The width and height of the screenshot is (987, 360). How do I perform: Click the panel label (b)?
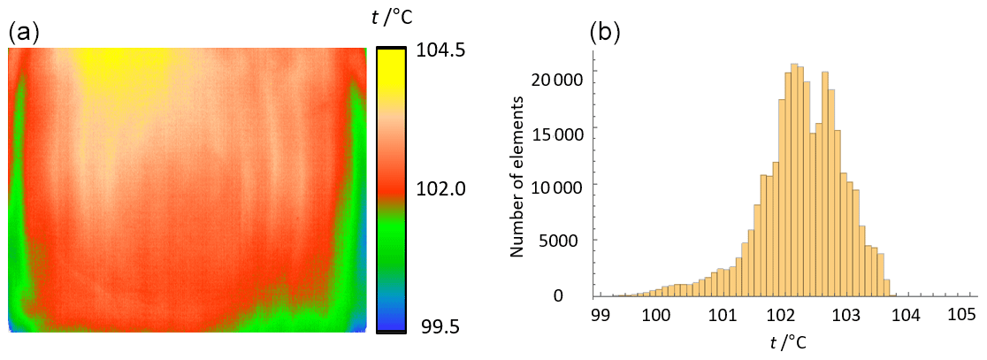tap(605, 33)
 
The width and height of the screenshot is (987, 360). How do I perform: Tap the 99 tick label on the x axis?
tap(601, 314)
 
